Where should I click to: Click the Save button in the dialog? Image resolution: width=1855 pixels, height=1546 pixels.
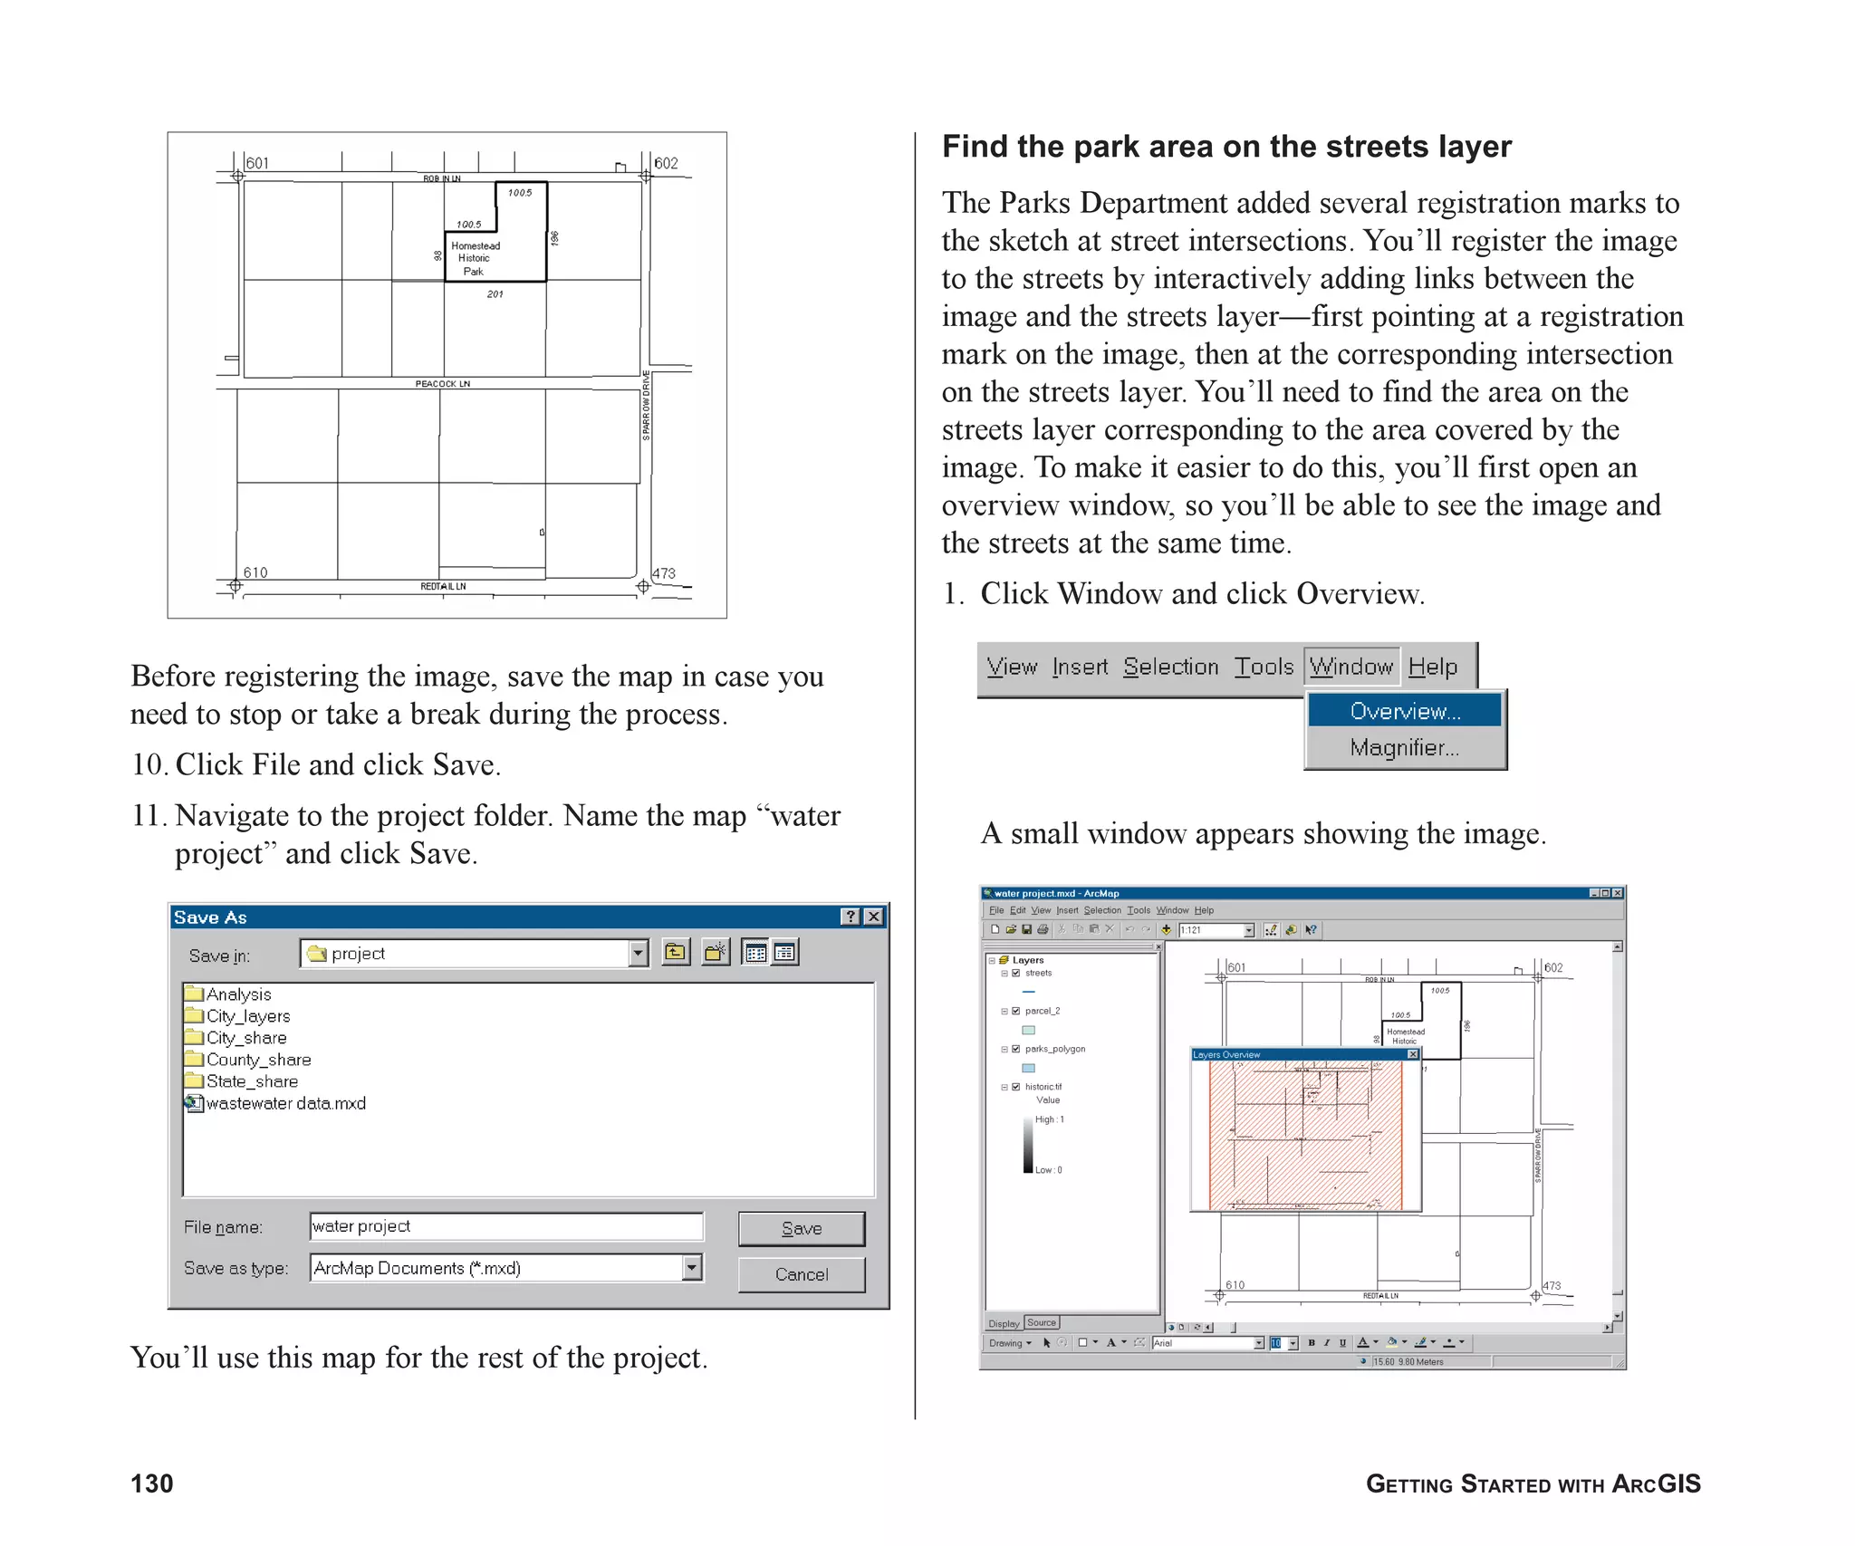801,1229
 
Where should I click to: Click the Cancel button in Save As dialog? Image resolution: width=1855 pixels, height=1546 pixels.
801,1274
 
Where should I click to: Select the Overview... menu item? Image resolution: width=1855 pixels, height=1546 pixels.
1404,711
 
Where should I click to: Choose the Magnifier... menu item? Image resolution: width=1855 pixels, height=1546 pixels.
1404,748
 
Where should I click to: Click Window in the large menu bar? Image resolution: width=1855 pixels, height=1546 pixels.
1350,667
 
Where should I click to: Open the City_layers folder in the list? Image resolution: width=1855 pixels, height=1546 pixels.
247,1016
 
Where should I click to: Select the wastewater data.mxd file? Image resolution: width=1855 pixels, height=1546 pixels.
284,1103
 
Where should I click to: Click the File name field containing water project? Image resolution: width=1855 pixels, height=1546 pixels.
505,1226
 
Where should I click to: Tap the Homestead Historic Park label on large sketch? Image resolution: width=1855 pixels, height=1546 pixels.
475,258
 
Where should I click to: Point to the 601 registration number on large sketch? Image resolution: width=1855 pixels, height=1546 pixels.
257,163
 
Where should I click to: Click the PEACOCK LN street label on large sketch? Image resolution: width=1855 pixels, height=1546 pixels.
442,384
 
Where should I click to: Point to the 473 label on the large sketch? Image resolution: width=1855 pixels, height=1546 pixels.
664,573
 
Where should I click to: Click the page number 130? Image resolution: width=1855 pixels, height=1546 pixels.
151,1484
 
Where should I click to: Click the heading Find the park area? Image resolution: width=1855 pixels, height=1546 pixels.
1225,147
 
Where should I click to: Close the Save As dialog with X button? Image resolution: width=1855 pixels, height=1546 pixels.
873,917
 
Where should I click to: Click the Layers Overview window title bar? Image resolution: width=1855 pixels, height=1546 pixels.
1295,1054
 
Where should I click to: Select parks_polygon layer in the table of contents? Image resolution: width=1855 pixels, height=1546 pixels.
1054,1049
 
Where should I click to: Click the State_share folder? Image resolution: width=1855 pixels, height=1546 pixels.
251,1081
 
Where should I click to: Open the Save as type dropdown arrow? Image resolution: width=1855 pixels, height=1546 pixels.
692,1268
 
